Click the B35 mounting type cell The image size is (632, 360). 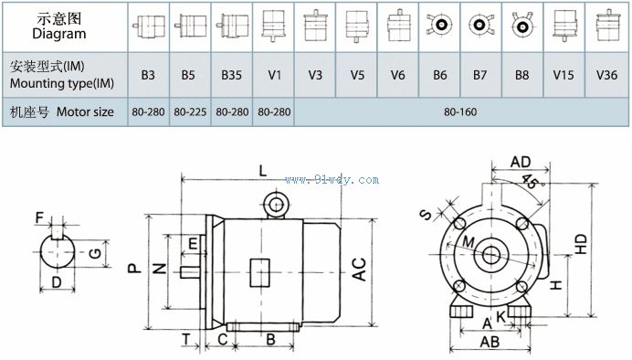tap(231, 75)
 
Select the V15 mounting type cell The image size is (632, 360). tap(564, 75)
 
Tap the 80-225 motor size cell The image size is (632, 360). tap(190, 111)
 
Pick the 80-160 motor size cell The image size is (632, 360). tap(460, 111)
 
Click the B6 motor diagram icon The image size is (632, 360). tap(439, 26)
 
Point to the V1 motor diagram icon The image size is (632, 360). tap(273, 26)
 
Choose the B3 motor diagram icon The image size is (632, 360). tap(148, 26)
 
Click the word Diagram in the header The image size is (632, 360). tap(59, 34)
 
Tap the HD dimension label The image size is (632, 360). tap(581, 244)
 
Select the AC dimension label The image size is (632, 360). tap(359, 269)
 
